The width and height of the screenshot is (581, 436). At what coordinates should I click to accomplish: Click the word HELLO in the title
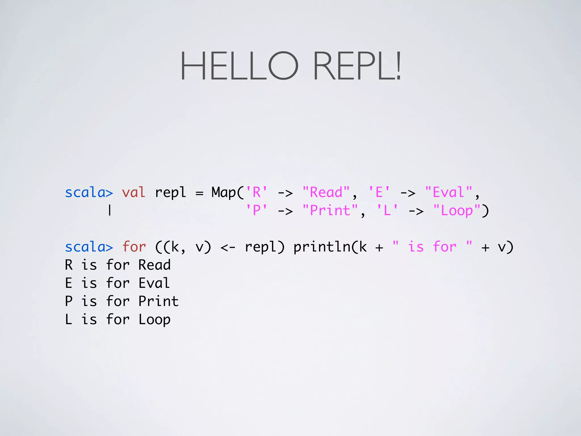239,66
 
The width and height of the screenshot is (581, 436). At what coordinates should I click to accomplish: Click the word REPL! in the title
357,66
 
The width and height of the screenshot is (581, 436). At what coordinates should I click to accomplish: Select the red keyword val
133,193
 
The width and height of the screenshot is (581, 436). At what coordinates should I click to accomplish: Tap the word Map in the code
224,193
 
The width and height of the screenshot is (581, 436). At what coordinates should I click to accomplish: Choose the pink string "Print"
330,211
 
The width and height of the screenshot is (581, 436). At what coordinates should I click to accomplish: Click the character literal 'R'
256,193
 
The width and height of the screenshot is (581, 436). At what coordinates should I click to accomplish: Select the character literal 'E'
379,193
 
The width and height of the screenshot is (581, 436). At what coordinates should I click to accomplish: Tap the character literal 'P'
256,211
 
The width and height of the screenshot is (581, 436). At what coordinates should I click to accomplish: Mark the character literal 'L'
387,211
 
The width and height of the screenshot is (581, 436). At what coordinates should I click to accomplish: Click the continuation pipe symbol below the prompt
110,211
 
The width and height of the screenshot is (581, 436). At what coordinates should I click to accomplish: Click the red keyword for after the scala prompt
134,247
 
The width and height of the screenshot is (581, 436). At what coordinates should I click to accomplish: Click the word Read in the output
154,265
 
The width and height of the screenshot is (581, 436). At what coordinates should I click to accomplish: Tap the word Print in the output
158,301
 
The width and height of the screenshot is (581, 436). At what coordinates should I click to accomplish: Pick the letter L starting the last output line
68,320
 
